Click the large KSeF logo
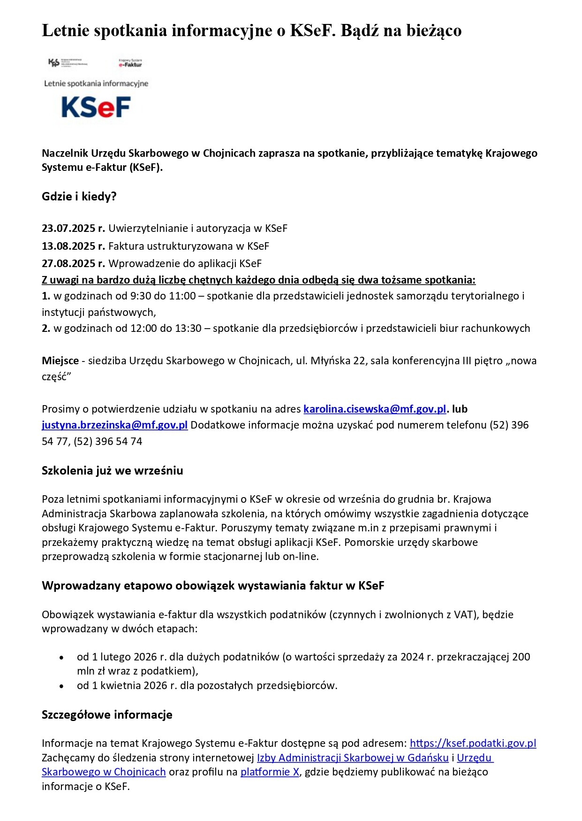point(96,107)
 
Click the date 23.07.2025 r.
point(73,229)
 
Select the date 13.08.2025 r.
point(73,246)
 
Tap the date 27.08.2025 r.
point(73,263)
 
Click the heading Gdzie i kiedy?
point(79,197)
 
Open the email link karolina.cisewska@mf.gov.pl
point(374,409)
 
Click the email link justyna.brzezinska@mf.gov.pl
point(114,425)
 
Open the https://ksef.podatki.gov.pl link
point(473,743)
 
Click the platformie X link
point(270,772)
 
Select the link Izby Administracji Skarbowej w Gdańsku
point(353,758)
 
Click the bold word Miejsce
point(60,361)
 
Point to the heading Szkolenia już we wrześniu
point(112,471)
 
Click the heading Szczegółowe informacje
point(107,715)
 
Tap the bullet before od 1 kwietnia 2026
point(61,686)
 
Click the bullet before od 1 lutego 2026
point(61,658)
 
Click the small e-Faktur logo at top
point(130,63)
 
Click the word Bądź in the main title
point(359,31)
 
